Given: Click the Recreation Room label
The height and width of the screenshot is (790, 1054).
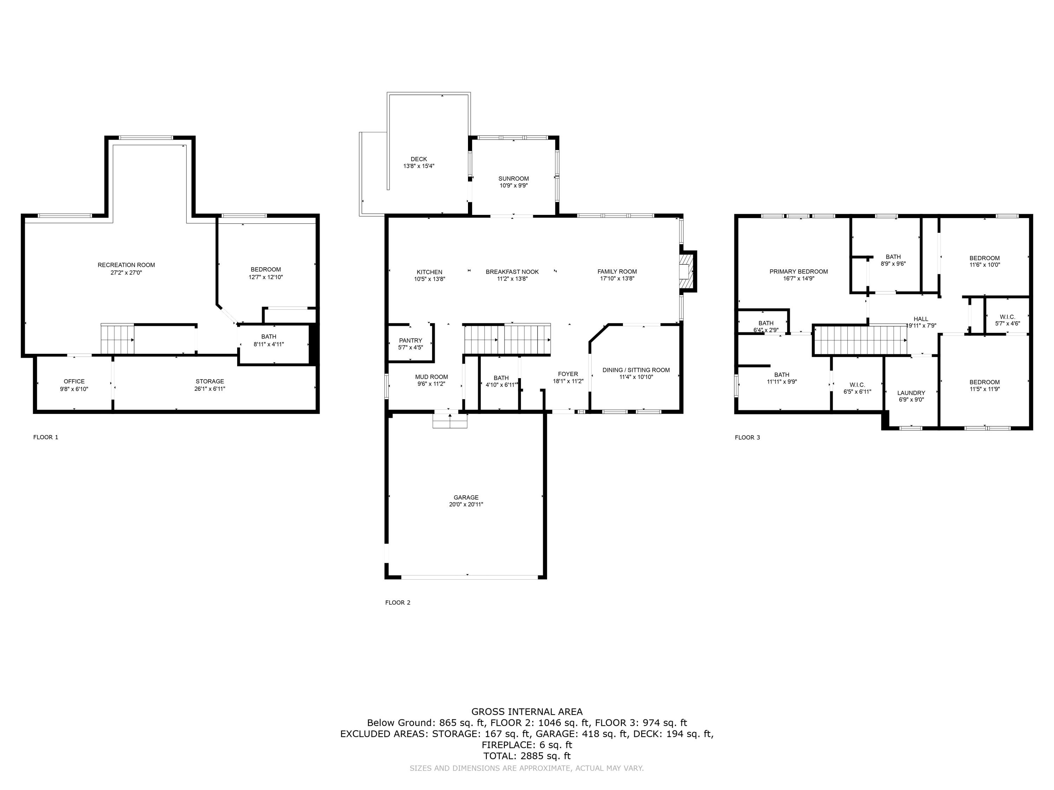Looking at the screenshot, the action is tap(126, 265).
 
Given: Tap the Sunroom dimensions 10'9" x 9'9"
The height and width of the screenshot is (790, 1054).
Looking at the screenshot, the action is tap(514, 186).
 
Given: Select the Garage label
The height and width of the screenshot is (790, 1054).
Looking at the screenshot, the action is tap(466, 498).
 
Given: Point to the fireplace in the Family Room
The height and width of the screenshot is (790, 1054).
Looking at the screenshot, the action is tap(686, 271).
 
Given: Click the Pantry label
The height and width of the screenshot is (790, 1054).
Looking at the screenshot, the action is tap(411, 341).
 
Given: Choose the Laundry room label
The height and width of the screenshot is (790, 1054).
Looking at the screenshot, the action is tap(911, 393).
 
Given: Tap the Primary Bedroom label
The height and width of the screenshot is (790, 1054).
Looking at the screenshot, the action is tap(799, 272).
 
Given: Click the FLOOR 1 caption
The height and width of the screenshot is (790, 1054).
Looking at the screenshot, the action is tap(46, 437).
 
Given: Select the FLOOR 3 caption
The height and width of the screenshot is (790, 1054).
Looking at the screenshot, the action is tap(748, 437).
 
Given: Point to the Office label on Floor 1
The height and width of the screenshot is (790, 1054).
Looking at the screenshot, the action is tap(74, 381).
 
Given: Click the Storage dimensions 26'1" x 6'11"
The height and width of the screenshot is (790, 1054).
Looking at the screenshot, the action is tap(210, 389).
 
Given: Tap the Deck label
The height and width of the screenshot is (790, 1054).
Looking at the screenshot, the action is tap(419, 159).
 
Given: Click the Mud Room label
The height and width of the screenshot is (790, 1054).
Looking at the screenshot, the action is tap(432, 377).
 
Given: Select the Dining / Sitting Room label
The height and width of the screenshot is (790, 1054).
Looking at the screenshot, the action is tap(636, 370).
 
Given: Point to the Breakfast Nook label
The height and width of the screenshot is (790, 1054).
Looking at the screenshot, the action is tap(512, 272).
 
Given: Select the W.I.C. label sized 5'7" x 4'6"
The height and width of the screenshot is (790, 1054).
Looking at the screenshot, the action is tap(1008, 317).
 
